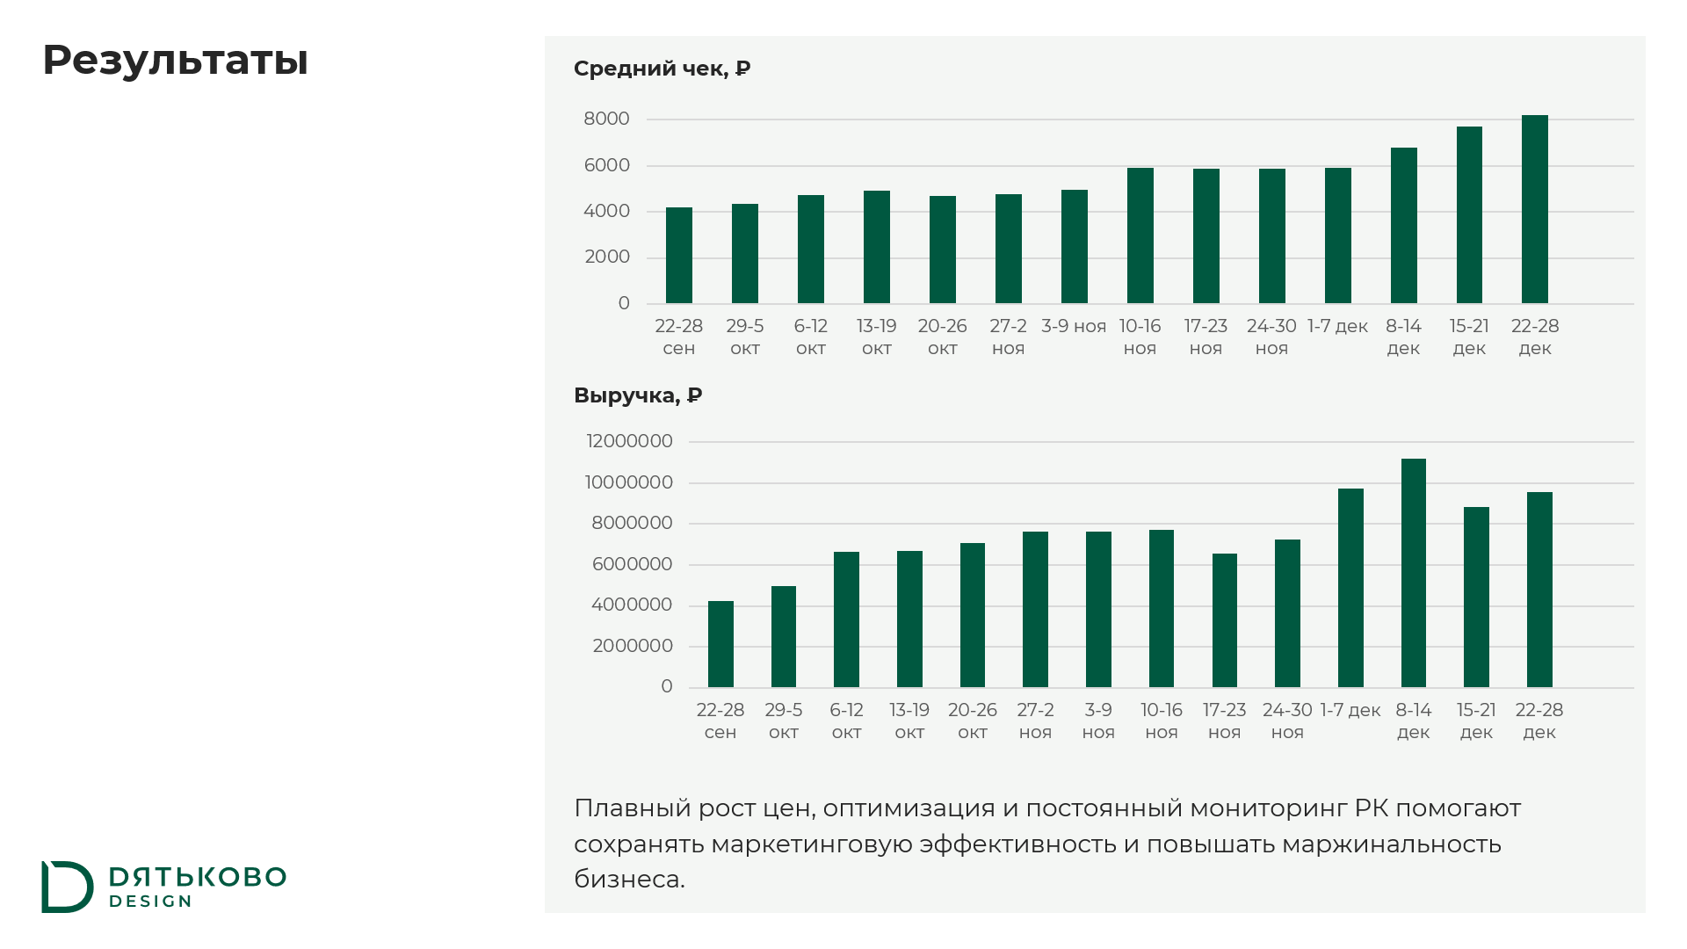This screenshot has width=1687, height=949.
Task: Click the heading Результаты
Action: [175, 62]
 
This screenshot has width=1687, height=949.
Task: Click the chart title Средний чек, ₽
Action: [662, 69]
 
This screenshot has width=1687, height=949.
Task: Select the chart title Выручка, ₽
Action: [638, 395]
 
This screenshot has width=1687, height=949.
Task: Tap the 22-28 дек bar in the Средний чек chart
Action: [1535, 209]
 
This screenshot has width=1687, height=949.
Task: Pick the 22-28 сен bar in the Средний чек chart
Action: [679, 256]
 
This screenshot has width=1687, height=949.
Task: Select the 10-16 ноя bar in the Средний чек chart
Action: [1140, 235]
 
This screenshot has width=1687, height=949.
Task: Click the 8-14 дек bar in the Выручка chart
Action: [1414, 573]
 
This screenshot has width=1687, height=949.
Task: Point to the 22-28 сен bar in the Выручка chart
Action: [720, 644]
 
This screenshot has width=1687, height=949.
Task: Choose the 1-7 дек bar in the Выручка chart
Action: [1350, 588]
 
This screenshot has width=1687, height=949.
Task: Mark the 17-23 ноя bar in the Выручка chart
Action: [1225, 620]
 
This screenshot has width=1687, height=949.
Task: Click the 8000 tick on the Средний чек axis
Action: [607, 119]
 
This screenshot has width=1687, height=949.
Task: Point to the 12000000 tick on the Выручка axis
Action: [630, 441]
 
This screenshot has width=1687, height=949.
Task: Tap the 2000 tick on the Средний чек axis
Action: [607, 257]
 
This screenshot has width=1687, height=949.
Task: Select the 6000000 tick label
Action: [633, 564]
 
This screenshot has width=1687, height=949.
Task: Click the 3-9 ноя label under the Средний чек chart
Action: [1074, 326]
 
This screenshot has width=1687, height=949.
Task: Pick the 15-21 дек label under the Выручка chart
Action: [1476, 721]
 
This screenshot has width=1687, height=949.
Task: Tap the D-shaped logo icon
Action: [67, 887]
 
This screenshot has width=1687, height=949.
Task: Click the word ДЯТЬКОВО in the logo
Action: [198, 877]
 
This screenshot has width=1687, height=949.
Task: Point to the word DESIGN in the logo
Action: [150, 902]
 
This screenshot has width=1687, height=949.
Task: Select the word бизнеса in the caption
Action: [629, 879]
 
